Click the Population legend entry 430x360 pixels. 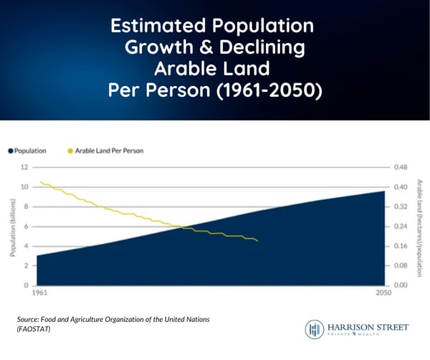[27, 151]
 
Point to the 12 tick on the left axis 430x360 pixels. [24, 167]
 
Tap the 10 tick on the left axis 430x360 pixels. [24, 187]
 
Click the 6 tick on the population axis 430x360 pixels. [26, 227]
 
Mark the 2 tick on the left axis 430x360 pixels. [26, 266]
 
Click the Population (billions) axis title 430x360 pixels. [12, 226]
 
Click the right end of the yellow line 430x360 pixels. [257, 241]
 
